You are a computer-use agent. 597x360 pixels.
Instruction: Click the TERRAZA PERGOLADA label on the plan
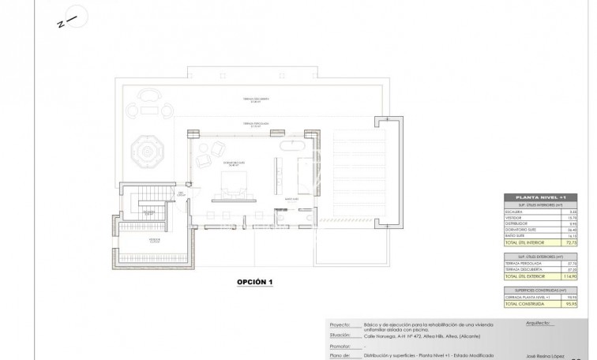pos(256,124)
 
